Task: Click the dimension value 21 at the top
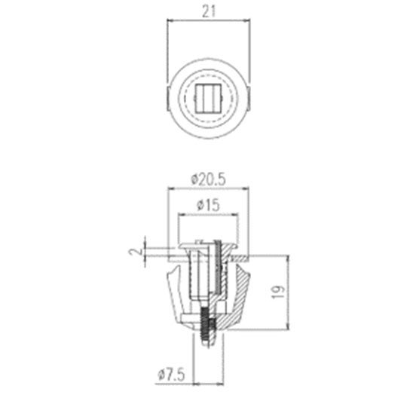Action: (x=209, y=11)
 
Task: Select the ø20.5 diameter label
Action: (x=209, y=179)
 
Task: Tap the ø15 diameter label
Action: (x=209, y=205)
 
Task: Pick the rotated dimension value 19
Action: (x=279, y=292)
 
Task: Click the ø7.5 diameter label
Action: (x=172, y=375)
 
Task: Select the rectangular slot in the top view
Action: (x=208, y=99)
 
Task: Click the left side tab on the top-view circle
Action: (x=167, y=99)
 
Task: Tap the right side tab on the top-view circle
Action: (x=249, y=99)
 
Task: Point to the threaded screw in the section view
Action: (x=205, y=326)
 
